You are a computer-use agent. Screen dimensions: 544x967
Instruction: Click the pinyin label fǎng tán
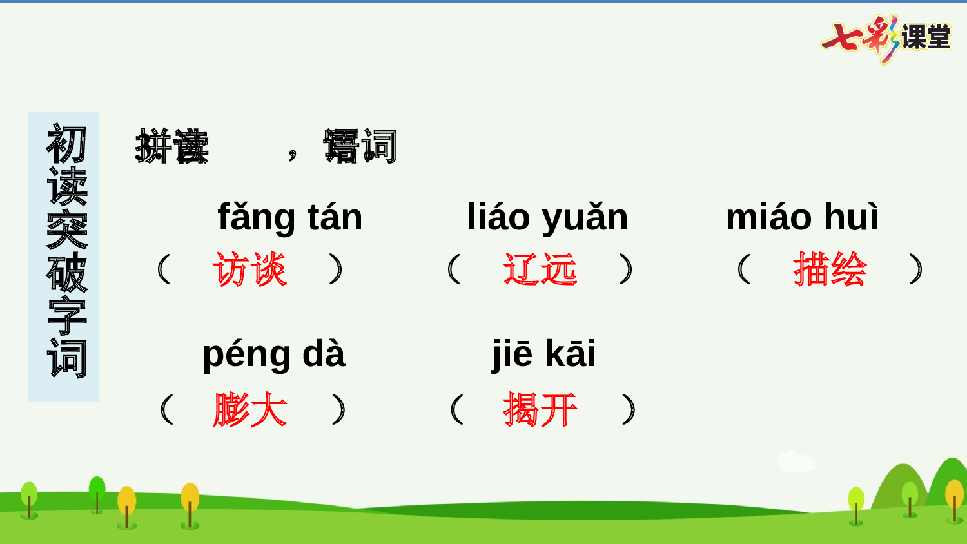(x=290, y=217)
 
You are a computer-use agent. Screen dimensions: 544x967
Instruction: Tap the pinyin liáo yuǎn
(x=547, y=217)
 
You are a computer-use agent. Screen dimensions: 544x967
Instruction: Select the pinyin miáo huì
(x=802, y=217)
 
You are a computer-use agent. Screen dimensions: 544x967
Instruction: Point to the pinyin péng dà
(x=274, y=354)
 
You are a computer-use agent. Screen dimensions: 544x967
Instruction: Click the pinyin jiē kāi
(x=543, y=354)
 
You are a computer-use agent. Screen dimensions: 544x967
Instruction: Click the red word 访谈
(x=249, y=269)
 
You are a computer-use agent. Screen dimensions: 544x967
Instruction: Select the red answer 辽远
(x=540, y=269)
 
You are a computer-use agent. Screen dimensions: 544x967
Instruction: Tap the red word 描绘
(x=830, y=269)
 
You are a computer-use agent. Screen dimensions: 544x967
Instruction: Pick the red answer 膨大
(x=249, y=410)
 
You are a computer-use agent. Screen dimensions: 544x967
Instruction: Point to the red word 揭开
(x=540, y=410)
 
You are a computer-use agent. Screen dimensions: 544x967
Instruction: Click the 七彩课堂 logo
(x=886, y=37)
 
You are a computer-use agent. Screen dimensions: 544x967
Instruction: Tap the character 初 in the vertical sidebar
(x=66, y=144)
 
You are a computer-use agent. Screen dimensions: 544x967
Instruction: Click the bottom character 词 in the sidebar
(x=66, y=358)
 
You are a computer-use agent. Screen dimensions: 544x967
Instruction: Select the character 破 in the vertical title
(x=66, y=273)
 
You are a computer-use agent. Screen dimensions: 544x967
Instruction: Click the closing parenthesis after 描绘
(x=916, y=269)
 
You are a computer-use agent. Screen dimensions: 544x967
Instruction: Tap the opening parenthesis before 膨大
(x=166, y=410)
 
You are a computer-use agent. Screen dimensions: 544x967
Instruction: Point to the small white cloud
(x=796, y=461)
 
